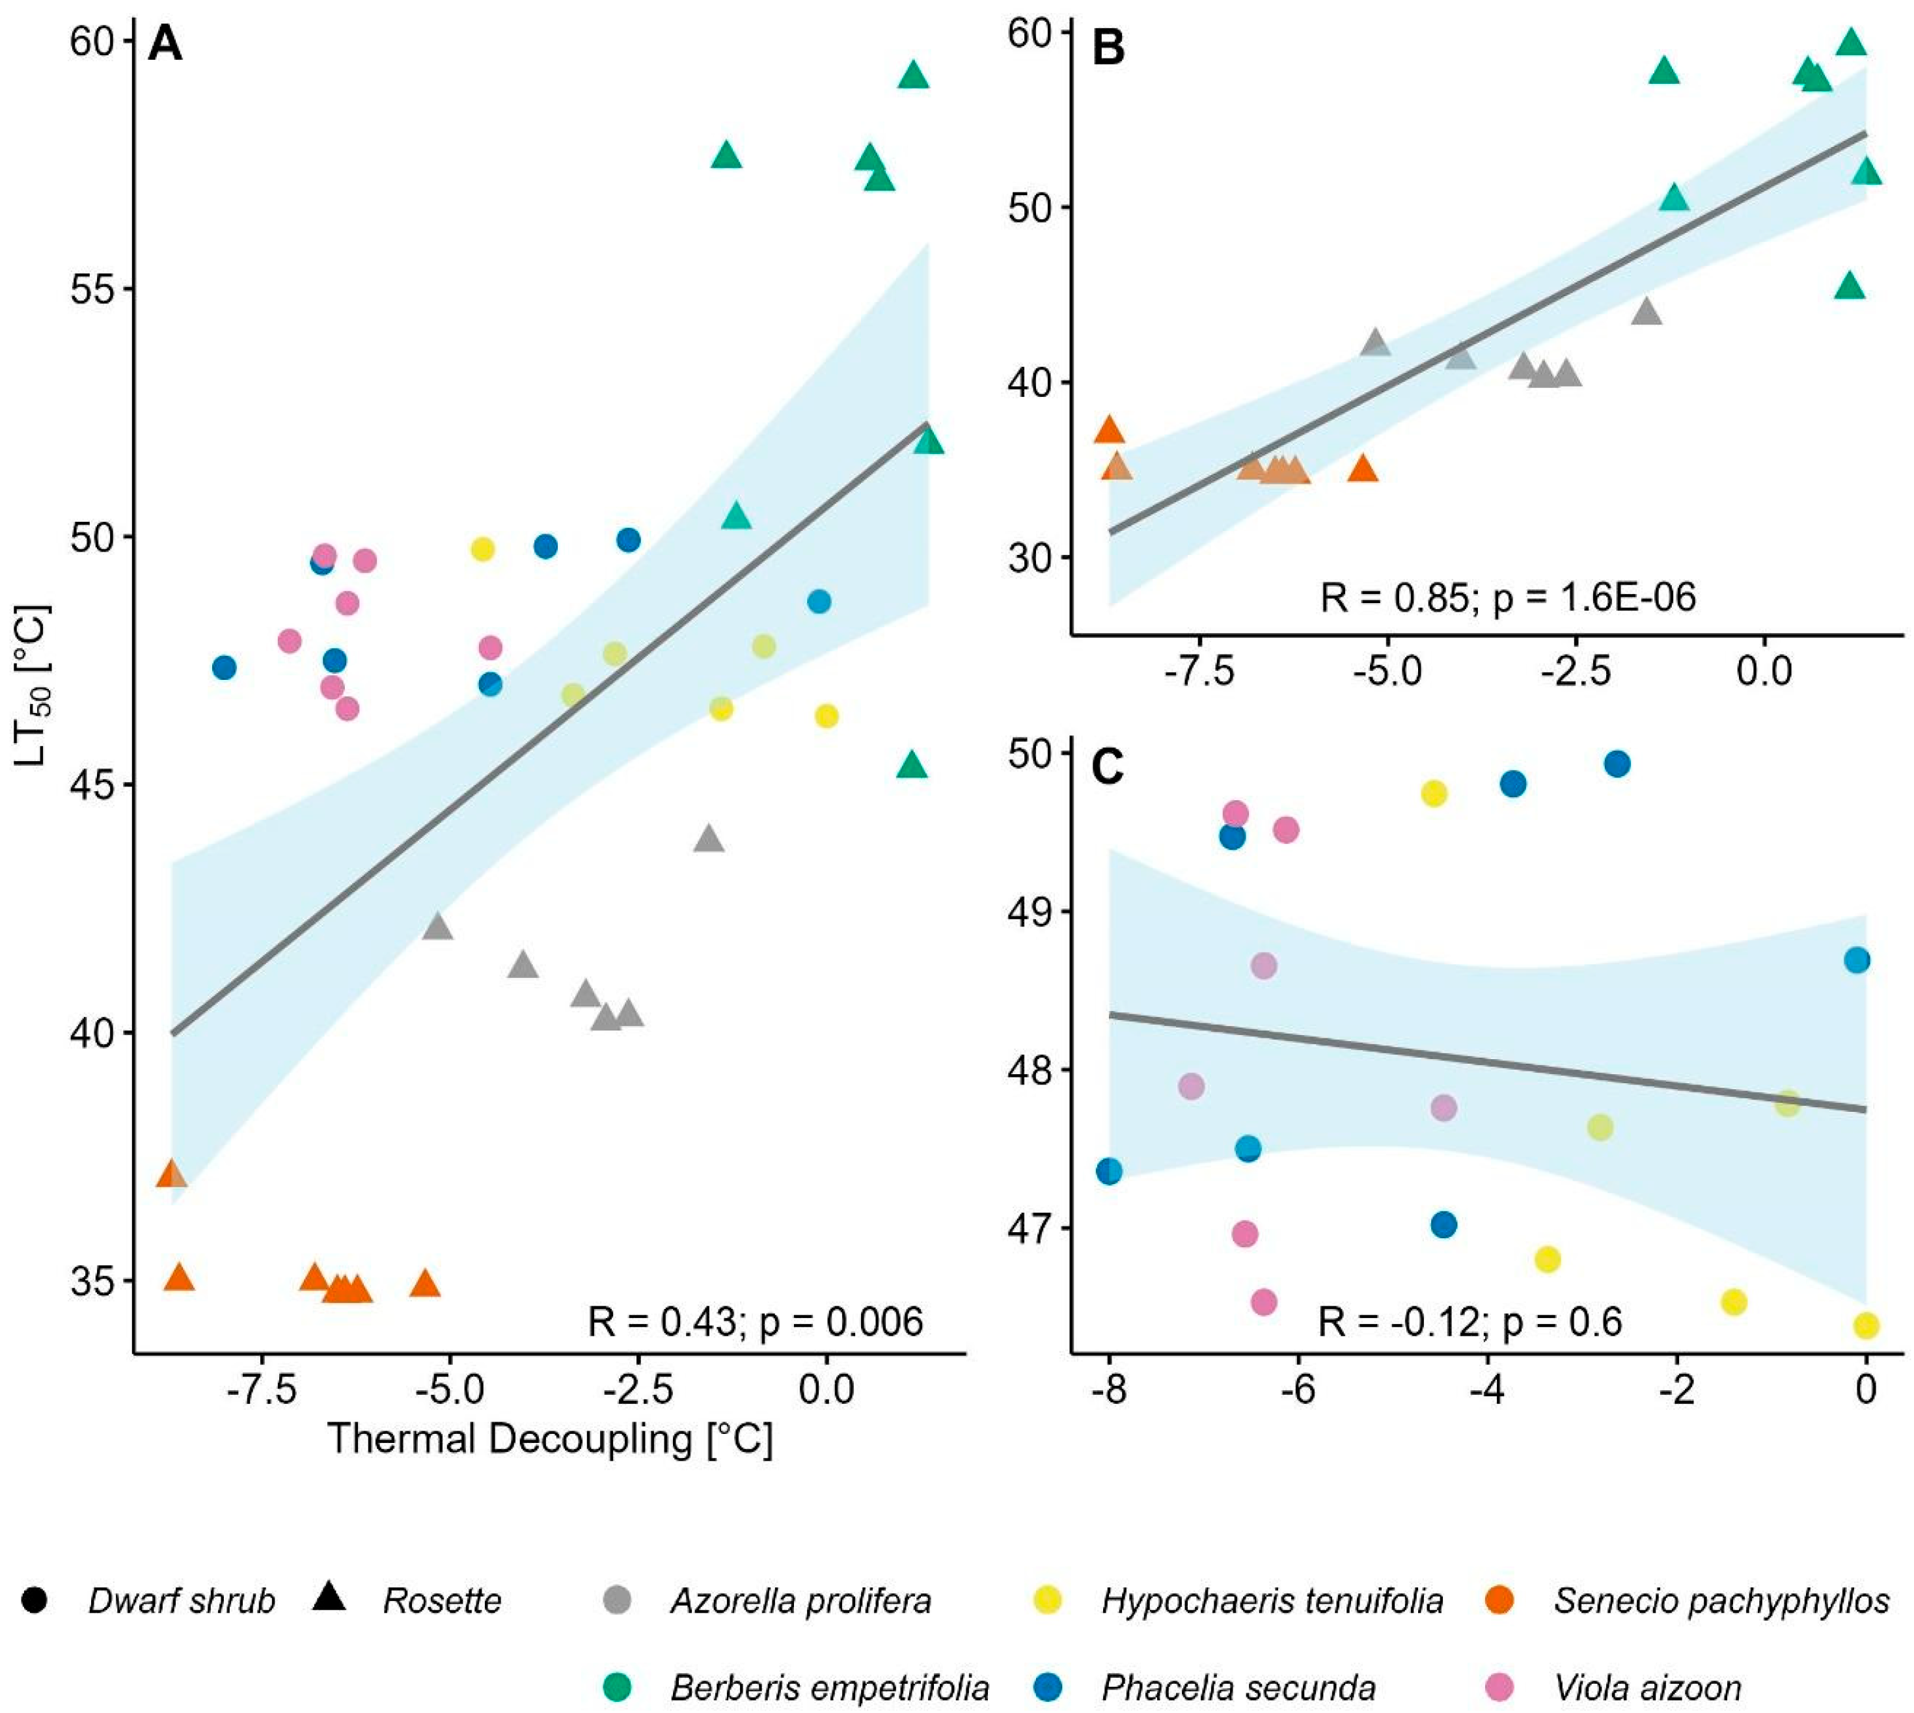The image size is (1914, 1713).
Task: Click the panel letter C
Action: click(x=1107, y=768)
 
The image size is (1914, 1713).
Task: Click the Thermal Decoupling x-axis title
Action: click(x=550, y=1439)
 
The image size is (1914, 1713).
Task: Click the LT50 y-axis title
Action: click(x=35, y=684)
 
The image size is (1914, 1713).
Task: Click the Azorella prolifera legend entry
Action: click(x=801, y=1600)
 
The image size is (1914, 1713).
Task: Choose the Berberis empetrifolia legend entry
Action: click(x=829, y=1688)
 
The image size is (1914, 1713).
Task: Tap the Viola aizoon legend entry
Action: click(x=1648, y=1688)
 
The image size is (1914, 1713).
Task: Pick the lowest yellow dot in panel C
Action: click(x=1866, y=1325)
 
